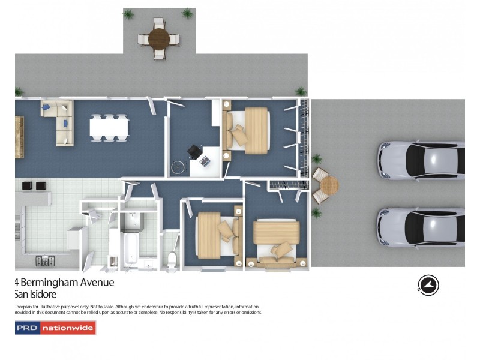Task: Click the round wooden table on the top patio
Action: (159, 39)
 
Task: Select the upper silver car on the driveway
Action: (420, 160)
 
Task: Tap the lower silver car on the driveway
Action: (420, 227)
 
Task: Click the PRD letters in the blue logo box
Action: (28, 328)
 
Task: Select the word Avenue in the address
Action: (98, 282)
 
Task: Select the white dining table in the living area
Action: (109, 128)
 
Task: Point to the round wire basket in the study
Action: (176, 168)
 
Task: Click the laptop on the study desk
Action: (206, 160)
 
